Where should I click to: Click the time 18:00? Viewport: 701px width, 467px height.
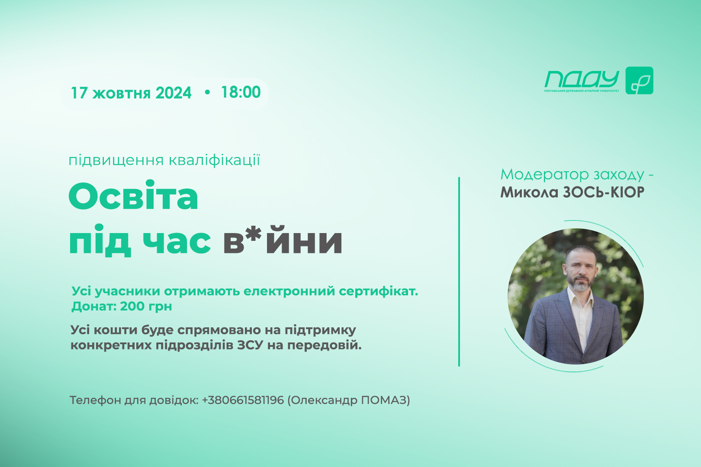pos(241,92)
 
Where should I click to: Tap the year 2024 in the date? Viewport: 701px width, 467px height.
pos(174,93)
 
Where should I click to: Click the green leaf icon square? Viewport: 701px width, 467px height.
pos(640,80)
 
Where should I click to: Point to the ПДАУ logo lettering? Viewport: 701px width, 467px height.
pos(582,80)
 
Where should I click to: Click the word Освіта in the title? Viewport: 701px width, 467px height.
pos(133,196)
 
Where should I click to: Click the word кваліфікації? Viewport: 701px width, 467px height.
pos(215,160)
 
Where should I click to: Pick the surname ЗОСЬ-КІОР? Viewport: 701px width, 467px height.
pos(604,192)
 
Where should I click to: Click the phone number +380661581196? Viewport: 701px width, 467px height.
pos(243,400)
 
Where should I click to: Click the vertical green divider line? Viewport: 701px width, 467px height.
pos(459,272)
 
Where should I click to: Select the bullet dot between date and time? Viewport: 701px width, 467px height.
pos(207,92)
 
